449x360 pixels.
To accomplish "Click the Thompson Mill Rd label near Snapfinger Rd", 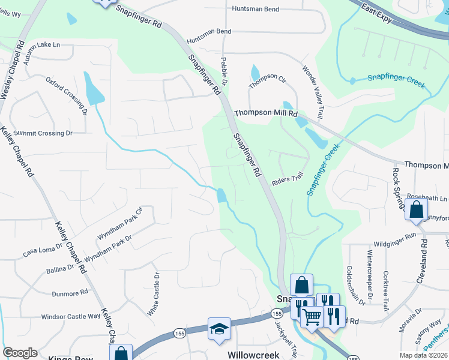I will tap(266, 113).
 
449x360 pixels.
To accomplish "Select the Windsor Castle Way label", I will tap(70, 316).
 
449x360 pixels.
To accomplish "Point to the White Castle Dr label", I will tap(154, 294).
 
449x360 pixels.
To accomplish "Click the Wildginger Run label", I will tap(394, 236).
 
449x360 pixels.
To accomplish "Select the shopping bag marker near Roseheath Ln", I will tap(416, 209).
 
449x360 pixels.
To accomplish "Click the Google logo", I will tap(20, 353).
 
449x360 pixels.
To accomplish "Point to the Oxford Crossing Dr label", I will tap(67, 95).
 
